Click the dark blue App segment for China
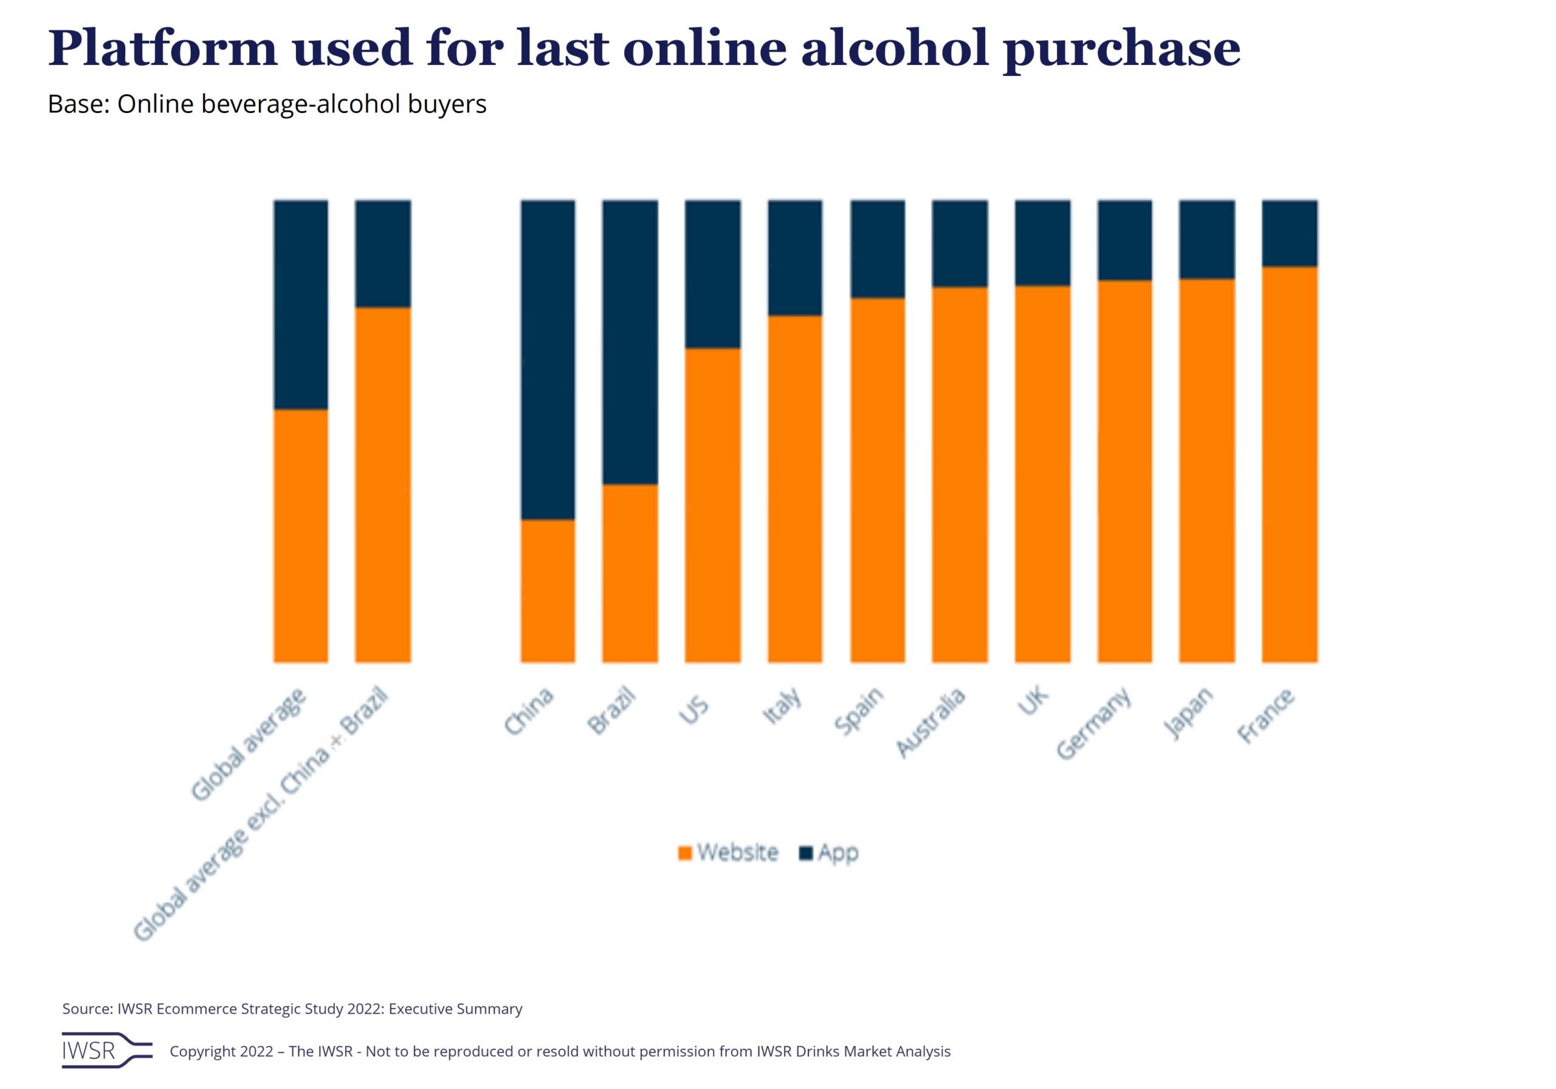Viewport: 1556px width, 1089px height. click(548, 359)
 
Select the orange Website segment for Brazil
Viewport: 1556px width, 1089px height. click(630, 573)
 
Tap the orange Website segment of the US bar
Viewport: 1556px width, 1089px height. click(712, 505)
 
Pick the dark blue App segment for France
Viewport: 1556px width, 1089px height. click(1289, 233)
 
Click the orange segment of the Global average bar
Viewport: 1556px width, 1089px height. click(300, 536)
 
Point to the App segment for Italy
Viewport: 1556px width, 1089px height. click(795, 258)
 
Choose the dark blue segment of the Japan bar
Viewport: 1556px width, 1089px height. click(1207, 240)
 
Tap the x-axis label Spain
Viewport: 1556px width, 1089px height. click(859, 711)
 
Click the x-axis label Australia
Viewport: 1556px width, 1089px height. click(930, 722)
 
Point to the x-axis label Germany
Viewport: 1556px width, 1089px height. click(1093, 723)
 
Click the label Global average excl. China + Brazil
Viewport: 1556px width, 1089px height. click(260, 814)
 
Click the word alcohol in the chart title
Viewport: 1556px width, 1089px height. click(895, 48)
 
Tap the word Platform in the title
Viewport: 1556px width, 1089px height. click(163, 48)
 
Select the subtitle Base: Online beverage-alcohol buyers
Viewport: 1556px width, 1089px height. click(267, 105)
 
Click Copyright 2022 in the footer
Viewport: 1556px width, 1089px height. click(221, 1051)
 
